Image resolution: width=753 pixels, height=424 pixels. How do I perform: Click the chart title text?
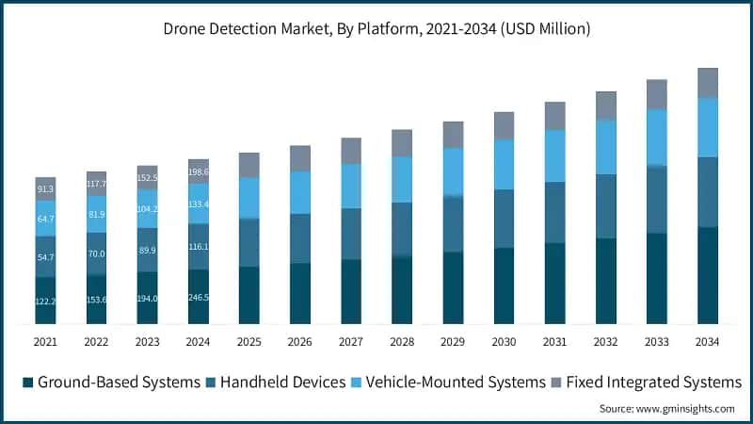pyautogui.click(x=376, y=29)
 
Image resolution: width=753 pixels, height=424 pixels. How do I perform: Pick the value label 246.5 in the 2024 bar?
pyautogui.click(x=199, y=297)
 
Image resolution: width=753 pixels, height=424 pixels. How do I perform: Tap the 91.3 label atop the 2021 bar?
pyautogui.click(x=45, y=188)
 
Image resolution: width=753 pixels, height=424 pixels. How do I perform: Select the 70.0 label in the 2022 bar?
pyautogui.click(x=96, y=253)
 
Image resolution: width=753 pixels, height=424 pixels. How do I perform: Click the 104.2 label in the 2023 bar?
pyautogui.click(x=148, y=209)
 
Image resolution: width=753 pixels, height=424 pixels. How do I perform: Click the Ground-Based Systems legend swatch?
pyautogui.click(x=28, y=382)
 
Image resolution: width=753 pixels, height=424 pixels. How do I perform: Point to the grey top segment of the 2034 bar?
pyautogui.click(x=707, y=83)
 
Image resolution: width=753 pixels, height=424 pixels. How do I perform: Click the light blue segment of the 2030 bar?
pyautogui.click(x=504, y=164)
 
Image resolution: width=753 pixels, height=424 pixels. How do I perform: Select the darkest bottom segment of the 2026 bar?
pyautogui.click(x=300, y=293)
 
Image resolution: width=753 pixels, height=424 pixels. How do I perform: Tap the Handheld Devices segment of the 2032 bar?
pyautogui.click(x=605, y=205)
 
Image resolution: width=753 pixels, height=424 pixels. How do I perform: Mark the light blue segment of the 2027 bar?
pyautogui.click(x=351, y=186)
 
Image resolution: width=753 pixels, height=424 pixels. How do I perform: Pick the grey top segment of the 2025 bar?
pyautogui.click(x=249, y=165)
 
